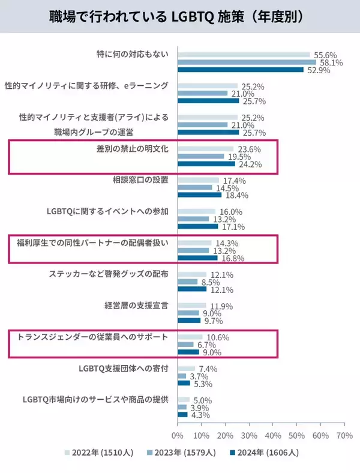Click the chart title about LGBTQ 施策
(179, 16)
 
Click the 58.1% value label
(330, 62)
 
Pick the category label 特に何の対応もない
(132, 54)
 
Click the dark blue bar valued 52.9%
(241, 70)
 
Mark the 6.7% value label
(206, 345)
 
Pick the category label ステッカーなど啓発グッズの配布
(108, 274)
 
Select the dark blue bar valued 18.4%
(199, 195)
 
